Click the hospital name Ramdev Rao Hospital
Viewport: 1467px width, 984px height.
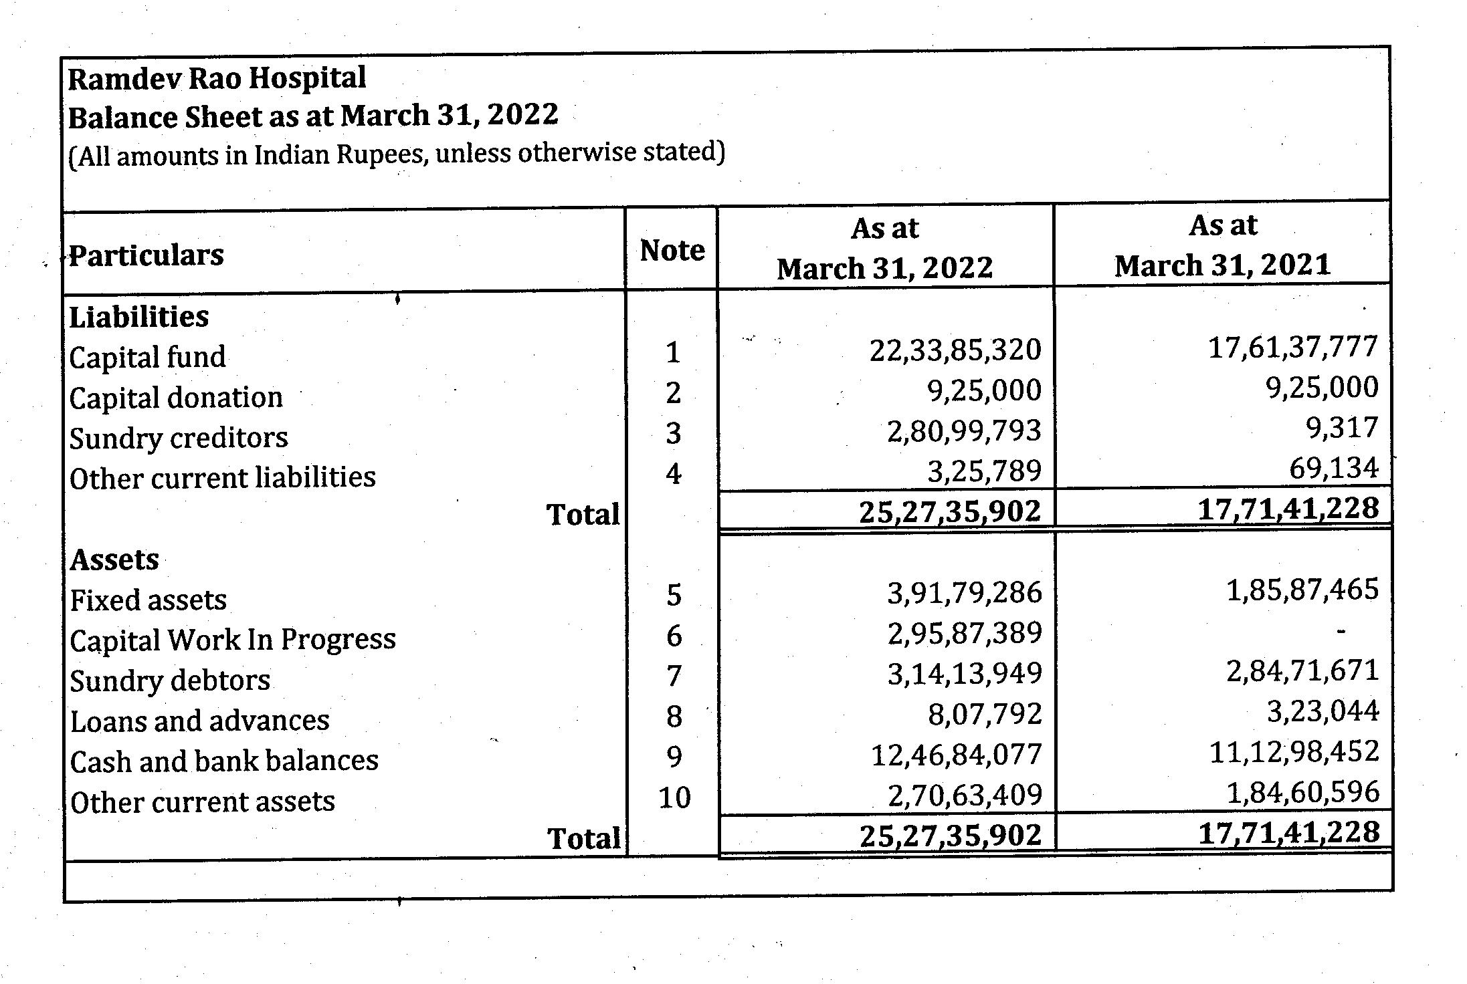point(217,78)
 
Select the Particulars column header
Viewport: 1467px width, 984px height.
point(146,255)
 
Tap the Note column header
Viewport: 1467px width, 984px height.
point(672,251)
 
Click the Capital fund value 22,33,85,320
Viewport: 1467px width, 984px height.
point(955,350)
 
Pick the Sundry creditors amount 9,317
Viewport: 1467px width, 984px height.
point(1342,428)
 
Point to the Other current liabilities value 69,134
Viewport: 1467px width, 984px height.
point(1334,468)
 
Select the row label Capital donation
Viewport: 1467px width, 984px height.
point(176,398)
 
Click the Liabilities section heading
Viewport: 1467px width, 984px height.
point(139,317)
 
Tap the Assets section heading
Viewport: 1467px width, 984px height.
point(114,560)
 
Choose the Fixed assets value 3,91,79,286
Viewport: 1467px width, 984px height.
point(965,593)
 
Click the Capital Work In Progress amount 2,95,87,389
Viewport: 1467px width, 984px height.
point(965,633)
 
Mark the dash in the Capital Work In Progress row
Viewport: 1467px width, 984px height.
point(1341,630)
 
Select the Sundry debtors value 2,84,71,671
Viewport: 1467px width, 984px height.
point(1302,670)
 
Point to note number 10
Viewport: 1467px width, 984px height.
point(674,797)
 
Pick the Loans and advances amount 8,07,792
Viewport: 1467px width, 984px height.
point(985,715)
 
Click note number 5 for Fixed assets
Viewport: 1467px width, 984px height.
point(674,595)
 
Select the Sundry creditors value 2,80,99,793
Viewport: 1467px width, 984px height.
point(964,431)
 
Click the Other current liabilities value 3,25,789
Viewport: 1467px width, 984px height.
point(984,471)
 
